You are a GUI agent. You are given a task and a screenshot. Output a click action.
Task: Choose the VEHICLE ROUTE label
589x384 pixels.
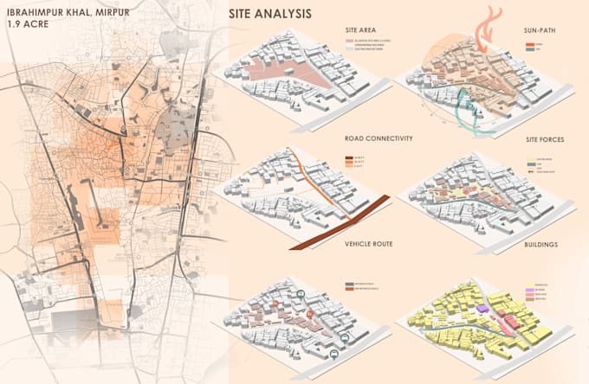pos(368,245)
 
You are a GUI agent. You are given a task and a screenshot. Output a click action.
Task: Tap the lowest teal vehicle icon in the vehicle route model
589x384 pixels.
pos(333,355)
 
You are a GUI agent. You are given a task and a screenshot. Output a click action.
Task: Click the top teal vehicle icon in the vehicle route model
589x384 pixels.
pos(300,294)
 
